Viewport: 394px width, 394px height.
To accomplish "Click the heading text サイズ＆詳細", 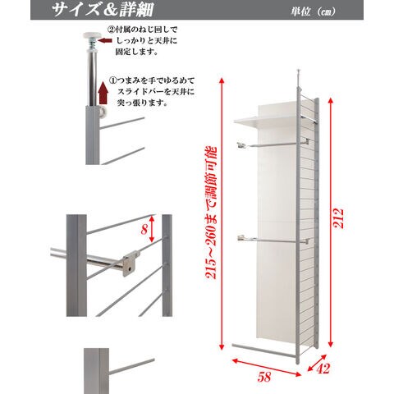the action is click(x=103, y=10).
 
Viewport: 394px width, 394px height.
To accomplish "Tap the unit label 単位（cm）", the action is click(x=314, y=11).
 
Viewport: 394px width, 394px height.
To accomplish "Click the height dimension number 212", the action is click(x=339, y=218).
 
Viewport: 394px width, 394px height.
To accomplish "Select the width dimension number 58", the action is click(x=264, y=377).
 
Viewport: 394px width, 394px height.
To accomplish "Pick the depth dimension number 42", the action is click(x=323, y=369).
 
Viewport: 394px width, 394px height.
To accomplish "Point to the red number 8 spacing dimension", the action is click(x=144, y=229).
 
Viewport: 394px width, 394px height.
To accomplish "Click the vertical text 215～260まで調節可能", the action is click(x=211, y=213).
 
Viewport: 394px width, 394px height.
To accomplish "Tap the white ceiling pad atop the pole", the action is click(x=92, y=35).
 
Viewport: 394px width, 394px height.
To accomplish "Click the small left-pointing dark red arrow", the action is click(x=106, y=41).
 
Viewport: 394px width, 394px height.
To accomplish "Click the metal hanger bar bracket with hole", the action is click(x=131, y=263).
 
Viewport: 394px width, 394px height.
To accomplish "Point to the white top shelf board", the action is click(x=264, y=122).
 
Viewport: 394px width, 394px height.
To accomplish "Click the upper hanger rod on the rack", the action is click(x=273, y=144).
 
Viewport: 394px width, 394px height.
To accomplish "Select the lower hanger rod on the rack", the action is click(x=273, y=240).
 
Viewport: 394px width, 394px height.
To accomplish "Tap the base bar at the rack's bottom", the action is click(x=264, y=350).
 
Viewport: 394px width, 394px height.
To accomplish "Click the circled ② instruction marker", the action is click(x=111, y=29).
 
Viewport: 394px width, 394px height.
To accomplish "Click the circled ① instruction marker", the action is click(x=112, y=80).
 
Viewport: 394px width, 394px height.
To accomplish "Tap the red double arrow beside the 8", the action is click(x=152, y=229).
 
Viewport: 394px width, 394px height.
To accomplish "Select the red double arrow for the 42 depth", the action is click(x=317, y=363).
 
